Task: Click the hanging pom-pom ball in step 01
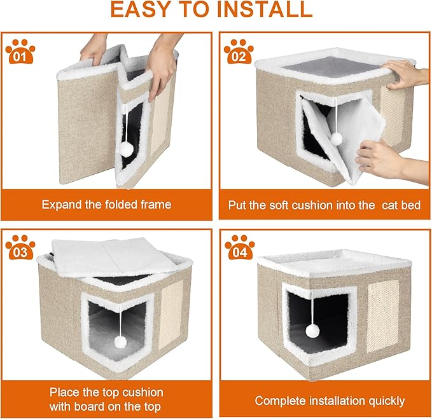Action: (126, 149)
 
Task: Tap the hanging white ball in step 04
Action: (312, 331)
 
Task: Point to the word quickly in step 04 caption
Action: (384, 401)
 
